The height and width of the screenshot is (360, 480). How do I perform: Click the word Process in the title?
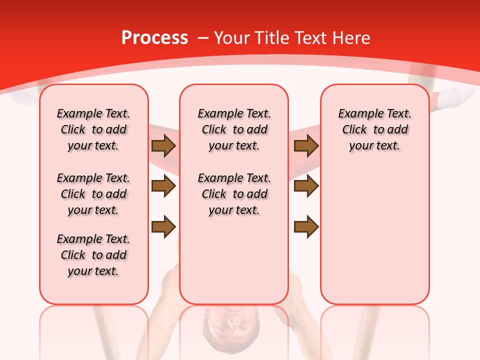(x=154, y=38)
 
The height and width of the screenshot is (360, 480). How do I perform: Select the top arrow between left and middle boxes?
(x=163, y=146)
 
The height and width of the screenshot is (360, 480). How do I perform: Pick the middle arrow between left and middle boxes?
(x=163, y=186)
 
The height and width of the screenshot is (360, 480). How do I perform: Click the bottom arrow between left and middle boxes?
(x=163, y=226)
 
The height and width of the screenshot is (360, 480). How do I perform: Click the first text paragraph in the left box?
(x=93, y=129)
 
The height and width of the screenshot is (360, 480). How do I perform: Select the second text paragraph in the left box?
(x=93, y=194)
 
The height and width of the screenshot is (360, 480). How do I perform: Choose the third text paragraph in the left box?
(x=93, y=255)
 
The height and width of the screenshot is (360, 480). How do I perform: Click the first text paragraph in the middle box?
(x=234, y=129)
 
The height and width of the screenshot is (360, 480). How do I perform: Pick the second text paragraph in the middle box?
(x=234, y=194)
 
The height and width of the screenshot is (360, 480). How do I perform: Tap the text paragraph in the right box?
(x=374, y=129)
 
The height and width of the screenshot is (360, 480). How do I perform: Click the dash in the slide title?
(x=203, y=38)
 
